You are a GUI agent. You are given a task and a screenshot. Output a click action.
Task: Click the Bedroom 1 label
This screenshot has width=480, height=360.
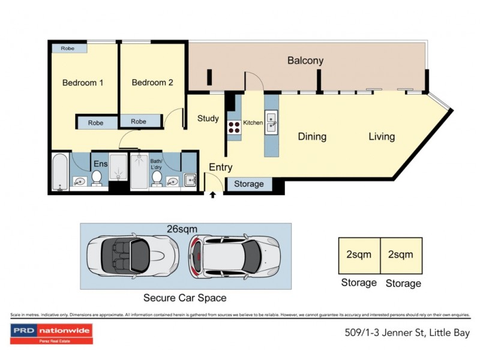tap(83, 83)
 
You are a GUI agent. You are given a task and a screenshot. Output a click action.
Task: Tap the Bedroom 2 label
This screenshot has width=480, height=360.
tap(152, 83)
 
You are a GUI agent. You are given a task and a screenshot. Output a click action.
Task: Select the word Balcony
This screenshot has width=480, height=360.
tap(305, 61)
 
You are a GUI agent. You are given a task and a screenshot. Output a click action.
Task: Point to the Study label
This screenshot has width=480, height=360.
tap(208, 119)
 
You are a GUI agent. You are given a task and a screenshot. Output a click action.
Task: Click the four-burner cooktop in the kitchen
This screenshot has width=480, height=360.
tap(234, 127)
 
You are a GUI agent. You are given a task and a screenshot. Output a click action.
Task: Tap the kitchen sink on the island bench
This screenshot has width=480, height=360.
tap(271, 122)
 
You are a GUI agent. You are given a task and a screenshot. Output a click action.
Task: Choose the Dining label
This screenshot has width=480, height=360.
tap(312, 137)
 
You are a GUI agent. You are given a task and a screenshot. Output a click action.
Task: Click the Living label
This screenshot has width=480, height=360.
tap(382, 137)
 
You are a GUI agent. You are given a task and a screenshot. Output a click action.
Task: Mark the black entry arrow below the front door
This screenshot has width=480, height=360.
tap(212, 195)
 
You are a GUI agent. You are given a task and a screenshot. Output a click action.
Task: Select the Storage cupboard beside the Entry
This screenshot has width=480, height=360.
tap(248, 184)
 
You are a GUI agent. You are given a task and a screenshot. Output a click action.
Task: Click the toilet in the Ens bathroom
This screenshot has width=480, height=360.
tap(96, 178)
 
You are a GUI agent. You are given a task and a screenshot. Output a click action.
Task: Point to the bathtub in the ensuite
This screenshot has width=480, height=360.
tap(59, 172)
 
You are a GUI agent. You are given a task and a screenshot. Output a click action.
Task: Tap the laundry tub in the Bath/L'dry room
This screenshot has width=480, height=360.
tap(190, 179)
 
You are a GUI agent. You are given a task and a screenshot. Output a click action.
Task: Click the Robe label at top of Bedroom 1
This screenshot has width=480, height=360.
tap(68, 48)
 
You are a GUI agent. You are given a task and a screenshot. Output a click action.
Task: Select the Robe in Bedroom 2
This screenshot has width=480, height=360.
tap(139, 122)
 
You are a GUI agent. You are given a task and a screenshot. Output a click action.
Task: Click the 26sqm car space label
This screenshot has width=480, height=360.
tap(184, 229)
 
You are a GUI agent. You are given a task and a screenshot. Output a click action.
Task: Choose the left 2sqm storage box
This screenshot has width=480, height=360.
tap(359, 255)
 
